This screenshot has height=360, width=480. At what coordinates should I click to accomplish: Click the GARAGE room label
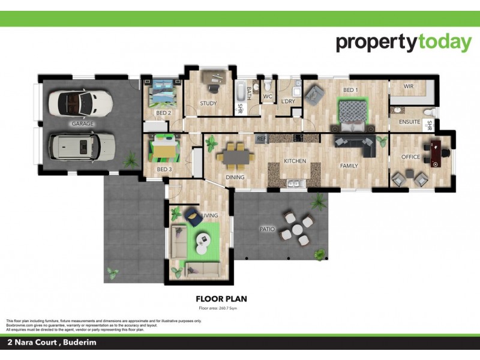(x=83, y=124)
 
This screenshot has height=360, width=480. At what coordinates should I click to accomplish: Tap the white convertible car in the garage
(x=80, y=103)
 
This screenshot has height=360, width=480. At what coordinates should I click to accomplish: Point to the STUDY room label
(x=208, y=103)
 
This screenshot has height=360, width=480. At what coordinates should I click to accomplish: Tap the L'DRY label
(x=288, y=101)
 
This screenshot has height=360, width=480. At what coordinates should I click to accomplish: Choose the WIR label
(x=409, y=86)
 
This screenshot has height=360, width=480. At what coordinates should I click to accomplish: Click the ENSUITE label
(x=410, y=122)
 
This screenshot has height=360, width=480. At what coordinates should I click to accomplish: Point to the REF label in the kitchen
(x=261, y=139)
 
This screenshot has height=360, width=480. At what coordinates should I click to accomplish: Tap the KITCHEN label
(x=295, y=161)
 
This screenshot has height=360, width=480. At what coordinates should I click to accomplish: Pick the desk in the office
(x=434, y=152)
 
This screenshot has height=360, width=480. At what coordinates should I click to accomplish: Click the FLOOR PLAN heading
(x=221, y=298)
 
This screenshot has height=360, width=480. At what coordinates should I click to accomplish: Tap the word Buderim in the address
(x=80, y=343)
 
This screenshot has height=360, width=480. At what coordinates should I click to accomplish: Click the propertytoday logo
(x=403, y=43)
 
